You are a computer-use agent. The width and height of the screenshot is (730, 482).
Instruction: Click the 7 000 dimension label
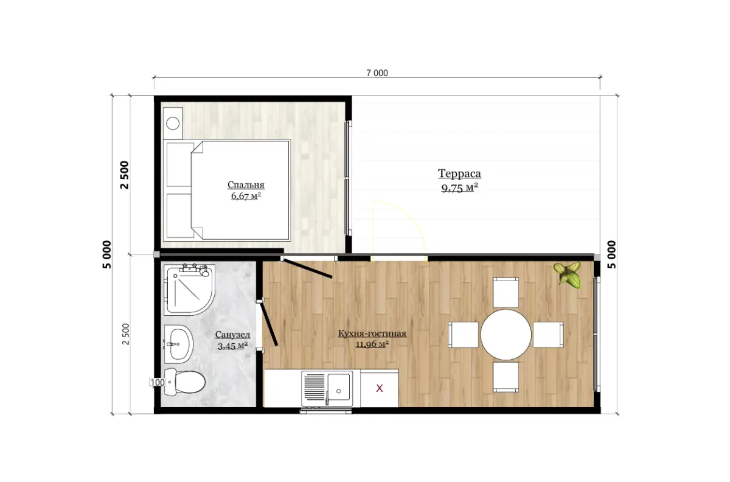tap(377, 73)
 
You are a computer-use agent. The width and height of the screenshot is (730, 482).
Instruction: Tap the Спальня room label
tap(246, 185)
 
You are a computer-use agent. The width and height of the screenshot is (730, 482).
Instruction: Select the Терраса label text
tap(459, 173)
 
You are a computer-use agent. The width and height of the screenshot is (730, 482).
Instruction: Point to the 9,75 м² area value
tap(459, 188)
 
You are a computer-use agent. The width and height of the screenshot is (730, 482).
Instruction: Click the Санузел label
tap(232, 335)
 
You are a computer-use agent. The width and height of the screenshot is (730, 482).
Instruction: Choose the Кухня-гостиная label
tap(372, 334)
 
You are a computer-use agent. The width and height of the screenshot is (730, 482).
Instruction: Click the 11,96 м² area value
tap(372, 344)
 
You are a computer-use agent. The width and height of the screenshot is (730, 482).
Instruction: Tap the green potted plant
tap(568, 275)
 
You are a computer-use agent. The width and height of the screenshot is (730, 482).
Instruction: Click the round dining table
tap(506, 335)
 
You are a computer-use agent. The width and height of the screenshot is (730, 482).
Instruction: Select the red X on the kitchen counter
tap(380, 388)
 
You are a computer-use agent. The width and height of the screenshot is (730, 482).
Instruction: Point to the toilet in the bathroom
tap(184, 382)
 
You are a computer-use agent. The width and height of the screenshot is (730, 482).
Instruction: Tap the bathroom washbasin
tap(179, 344)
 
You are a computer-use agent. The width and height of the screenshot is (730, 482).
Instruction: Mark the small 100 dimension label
tap(158, 382)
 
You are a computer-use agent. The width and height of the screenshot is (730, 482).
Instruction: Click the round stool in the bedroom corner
tap(173, 124)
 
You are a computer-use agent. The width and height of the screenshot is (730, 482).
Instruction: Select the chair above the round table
tap(506, 293)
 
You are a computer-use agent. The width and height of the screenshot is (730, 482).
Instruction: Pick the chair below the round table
tap(506, 377)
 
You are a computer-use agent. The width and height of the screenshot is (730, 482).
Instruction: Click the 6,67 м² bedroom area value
tap(246, 196)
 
